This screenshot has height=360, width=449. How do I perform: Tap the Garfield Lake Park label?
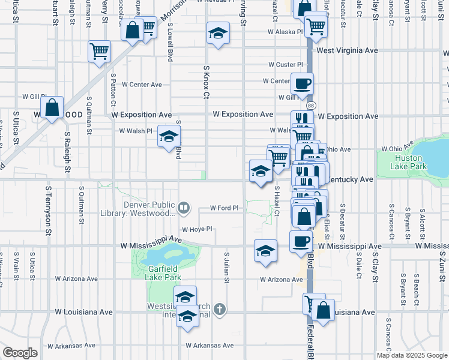pyautogui.click(x=164, y=274)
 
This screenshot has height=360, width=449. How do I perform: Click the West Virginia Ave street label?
pyautogui.click(x=347, y=50)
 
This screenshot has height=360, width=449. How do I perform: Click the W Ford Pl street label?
pyautogui.click(x=224, y=208)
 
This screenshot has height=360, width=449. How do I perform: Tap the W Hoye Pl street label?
pyautogui.click(x=197, y=229)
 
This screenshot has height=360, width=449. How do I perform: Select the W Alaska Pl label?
pyautogui.click(x=286, y=32)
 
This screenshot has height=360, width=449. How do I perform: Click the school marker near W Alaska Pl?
pyautogui.click(x=218, y=33)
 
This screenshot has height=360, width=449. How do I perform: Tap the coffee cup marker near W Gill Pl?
pyautogui.click(x=302, y=83)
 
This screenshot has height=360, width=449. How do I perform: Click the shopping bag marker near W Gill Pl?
pyautogui.click(x=53, y=108)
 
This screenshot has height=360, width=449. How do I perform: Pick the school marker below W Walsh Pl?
pyautogui.click(x=169, y=136)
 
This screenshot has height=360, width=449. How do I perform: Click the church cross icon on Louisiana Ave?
pyautogui.click(x=220, y=310)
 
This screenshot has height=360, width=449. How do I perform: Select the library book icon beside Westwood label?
pyautogui.click(x=184, y=209)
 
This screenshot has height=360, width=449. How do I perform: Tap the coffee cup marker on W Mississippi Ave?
pyautogui.click(x=301, y=241)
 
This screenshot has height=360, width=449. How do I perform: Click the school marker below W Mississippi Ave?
pyautogui.click(x=265, y=250)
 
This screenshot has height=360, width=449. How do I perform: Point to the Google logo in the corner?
pyautogui.click(x=20, y=352)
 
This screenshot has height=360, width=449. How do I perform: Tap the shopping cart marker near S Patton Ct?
pyautogui.click(x=99, y=51)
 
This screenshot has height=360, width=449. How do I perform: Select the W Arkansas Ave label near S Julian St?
pyautogui.click(x=209, y=346)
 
